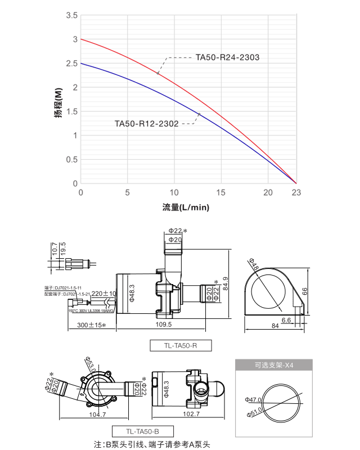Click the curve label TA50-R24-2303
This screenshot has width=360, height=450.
pos(227,57)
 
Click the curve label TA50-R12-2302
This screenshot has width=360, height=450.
pos(146,123)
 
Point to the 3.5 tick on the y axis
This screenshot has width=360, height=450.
pos(71,15)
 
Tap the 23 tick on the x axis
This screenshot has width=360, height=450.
pos(296,192)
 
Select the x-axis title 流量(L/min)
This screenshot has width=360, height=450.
pos(186,208)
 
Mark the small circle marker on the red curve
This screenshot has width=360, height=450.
pos(158,73)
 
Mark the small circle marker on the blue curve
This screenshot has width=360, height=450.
pos(199,114)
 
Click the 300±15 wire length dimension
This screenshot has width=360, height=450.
pos(92,325)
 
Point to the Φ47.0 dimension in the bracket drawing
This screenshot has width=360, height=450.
pos(253,400)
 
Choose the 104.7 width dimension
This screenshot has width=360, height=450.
pos(97,414)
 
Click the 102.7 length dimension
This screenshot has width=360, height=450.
pos(191,414)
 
